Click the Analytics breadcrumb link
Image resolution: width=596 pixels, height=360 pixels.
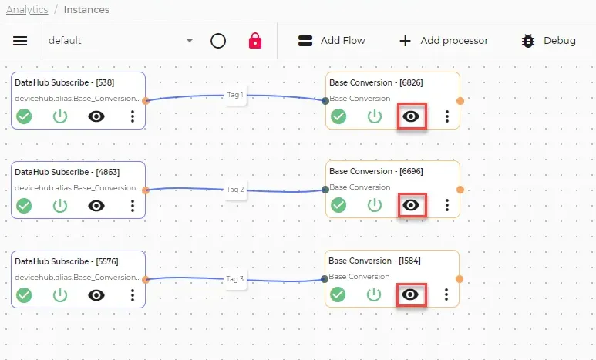(x=27, y=10)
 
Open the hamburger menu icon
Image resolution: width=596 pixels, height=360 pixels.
(x=20, y=41)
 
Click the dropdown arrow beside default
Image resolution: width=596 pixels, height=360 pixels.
(x=190, y=40)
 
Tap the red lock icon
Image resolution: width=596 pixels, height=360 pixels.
(x=255, y=41)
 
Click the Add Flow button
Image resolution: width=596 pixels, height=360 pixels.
(x=332, y=41)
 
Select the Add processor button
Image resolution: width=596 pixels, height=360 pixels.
(x=443, y=41)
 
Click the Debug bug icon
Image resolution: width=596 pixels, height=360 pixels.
(x=528, y=41)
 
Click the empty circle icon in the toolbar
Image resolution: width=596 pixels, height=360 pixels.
(x=218, y=41)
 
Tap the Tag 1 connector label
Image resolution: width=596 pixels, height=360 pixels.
(x=235, y=95)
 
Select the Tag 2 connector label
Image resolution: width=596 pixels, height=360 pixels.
(x=235, y=190)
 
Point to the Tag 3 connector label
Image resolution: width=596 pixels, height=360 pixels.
(x=235, y=278)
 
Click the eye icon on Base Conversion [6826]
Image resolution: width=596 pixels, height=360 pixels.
(x=411, y=116)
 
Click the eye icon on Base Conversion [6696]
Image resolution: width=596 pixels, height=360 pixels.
(x=411, y=205)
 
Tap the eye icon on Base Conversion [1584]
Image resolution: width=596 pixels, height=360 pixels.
(x=410, y=294)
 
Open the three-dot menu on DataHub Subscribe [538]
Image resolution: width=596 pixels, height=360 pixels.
(x=133, y=116)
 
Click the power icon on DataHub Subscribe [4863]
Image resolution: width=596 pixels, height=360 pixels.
(x=60, y=206)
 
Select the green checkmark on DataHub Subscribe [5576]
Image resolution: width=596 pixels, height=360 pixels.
(x=24, y=295)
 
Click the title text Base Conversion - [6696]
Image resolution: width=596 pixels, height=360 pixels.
(x=376, y=171)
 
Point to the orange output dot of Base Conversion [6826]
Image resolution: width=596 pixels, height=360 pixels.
(x=460, y=101)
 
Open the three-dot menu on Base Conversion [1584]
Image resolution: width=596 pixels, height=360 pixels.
(x=446, y=294)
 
